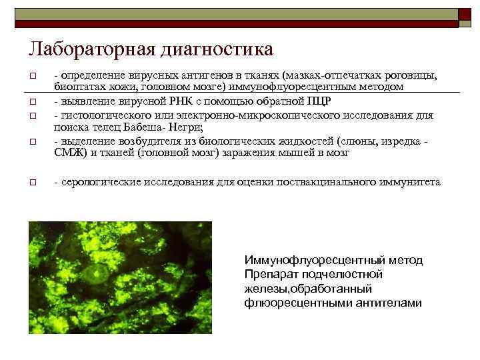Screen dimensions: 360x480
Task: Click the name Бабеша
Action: (x=133, y=126)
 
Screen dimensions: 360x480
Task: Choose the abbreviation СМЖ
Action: (x=65, y=152)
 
